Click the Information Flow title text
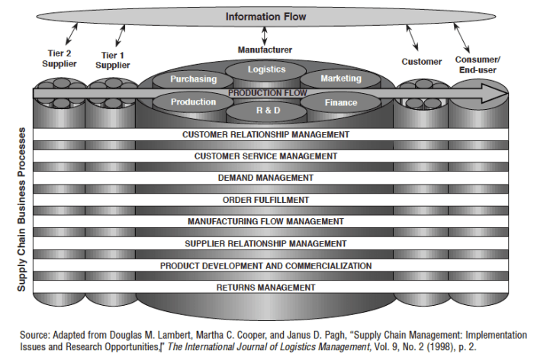point(265,16)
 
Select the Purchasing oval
point(193,79)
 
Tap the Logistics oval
point(265,69)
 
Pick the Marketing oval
point(340,79)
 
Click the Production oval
point(193,102)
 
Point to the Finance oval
point(340,102)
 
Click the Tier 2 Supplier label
point(59,59)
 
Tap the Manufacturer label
point(265,50)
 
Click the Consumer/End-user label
point(478,64)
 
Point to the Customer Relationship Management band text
point(265,134)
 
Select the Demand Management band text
point(265,178)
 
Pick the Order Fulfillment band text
point(265,200)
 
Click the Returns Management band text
point(265,288)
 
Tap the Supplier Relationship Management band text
point(265,243)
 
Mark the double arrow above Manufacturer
point(265,36)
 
